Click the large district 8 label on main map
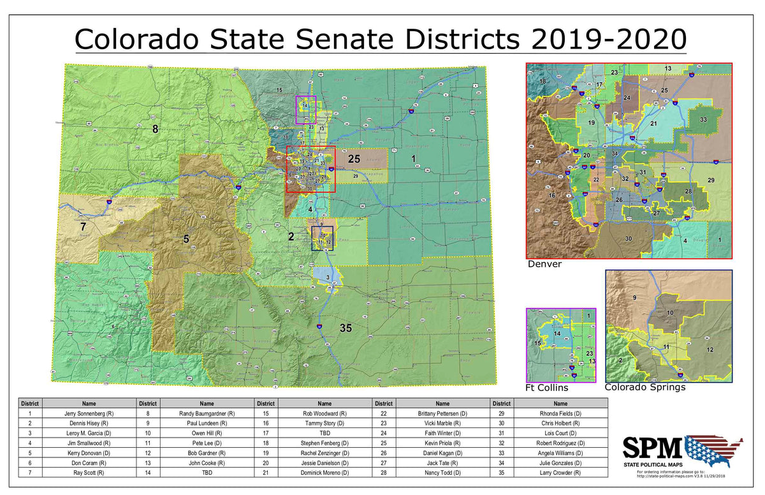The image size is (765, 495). click(154, 129)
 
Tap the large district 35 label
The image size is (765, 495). click(346, 329)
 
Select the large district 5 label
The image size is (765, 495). click(186, 239)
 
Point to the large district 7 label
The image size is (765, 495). click(82, 226)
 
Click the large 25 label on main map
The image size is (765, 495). click(354, 159)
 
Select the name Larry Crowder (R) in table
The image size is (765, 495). click(560, 473)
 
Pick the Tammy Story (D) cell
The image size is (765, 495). click(324, 423)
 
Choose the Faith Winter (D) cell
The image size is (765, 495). click(442, 433)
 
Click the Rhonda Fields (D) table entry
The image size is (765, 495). click(560, 413)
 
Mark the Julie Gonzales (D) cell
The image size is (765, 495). click(560, 462)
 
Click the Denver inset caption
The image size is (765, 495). click(544, 263)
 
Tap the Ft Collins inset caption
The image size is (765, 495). click(546, 387)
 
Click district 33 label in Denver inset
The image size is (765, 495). click(703, 119)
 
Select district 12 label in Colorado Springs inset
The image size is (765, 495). click(709, 350)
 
